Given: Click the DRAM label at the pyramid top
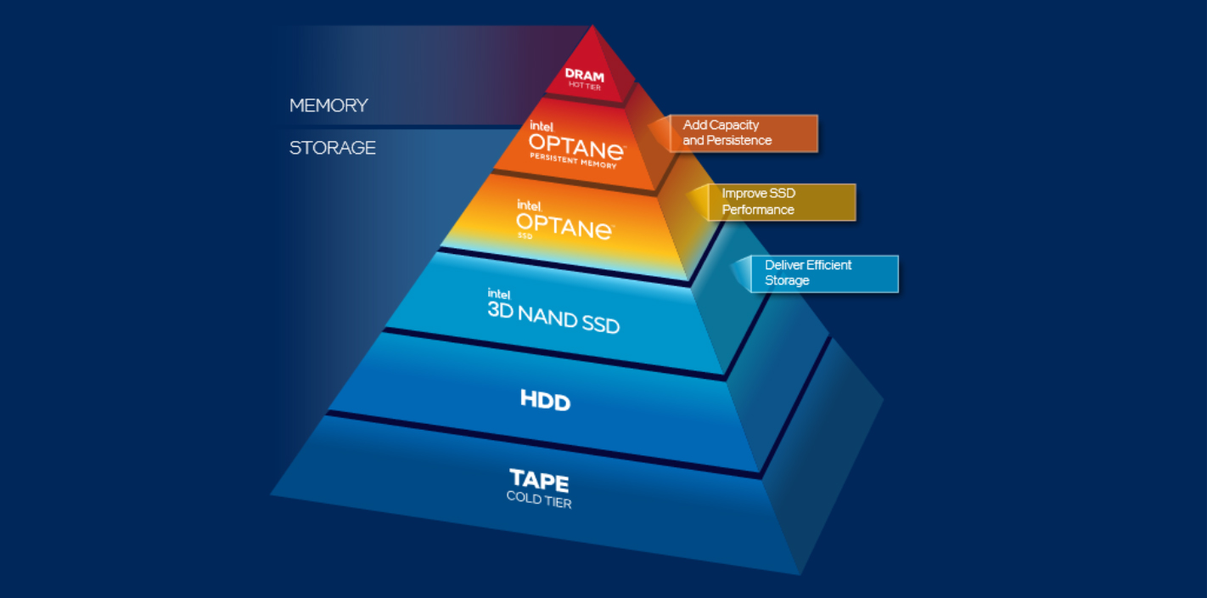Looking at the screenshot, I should [584, 75].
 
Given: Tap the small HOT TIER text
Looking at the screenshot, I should [584, 87].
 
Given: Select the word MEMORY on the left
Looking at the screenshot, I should [328, 105].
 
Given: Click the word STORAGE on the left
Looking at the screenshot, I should [332, 148].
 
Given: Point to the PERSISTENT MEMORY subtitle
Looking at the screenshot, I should [573, 160].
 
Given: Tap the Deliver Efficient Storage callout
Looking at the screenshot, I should [823, 274].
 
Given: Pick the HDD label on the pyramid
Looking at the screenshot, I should [545, 399].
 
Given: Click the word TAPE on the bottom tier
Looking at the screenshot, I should [539, 480].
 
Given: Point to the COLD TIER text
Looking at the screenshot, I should [539, 499].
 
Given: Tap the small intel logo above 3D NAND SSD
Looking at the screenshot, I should [498, 293].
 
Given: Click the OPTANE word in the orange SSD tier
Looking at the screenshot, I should [564, 224].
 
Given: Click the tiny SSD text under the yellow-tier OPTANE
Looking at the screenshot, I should [525, 235].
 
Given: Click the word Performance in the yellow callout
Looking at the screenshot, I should [758, 210].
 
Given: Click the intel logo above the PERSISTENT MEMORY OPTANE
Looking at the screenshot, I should [542, 126].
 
